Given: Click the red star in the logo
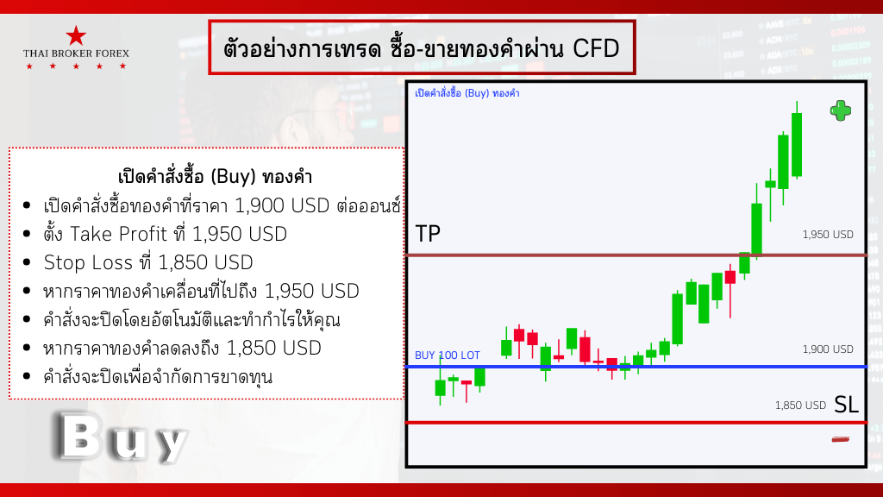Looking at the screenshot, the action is (x=76, y=35).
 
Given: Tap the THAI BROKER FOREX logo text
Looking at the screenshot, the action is (x=76, y=53).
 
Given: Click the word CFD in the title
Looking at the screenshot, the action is (x=596, y=48).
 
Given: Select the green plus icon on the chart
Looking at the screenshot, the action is (x=841, y=111).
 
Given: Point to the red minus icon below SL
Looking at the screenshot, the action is (x=841, y=439).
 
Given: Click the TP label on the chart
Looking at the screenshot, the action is (x=428, y=233).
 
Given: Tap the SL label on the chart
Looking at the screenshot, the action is (x=846, y=405).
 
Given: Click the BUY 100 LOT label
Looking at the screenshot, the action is (x=448, y=355).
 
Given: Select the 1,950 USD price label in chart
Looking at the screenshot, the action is (x=828, y=235).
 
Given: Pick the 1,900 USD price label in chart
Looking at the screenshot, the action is (x=828, y=349).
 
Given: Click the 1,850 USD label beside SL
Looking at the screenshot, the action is (x=800, y=406).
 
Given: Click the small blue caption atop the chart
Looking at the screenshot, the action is (x=467, y=93).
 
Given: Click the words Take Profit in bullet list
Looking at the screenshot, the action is (x=119, y=234).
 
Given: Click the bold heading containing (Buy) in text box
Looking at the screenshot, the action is (x=215, y=176).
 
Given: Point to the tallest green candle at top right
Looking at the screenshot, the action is (x=796, y=145).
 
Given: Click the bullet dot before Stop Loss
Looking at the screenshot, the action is (x=27, y=262).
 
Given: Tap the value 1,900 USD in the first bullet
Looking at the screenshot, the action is (x=282, y=205).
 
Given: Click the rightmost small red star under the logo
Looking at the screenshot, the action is (x=122, y=66).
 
